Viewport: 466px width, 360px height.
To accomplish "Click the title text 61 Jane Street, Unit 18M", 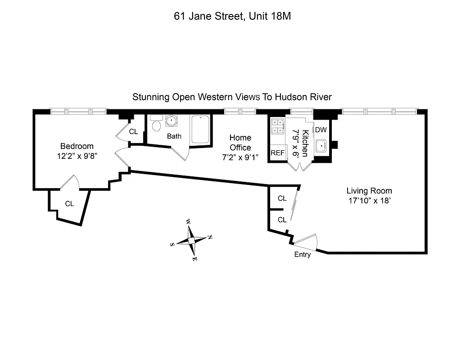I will pyautogui.click(x=233, y=17).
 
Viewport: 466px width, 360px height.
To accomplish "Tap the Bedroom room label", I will pyautogui.click(x=77, y=146).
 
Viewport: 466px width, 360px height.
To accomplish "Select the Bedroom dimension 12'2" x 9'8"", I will pyautogui.click(x=77, y=156).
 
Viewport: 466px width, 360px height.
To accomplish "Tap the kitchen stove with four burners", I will pyautogui.click(x=277, y=126).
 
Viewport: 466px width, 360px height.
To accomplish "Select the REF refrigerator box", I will pyautogui.click(x=277, y=153).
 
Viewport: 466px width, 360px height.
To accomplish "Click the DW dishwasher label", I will pyautogui.click(x=321, y=130).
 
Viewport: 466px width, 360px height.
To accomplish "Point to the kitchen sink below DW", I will pyautogui.click(x=321, y=145).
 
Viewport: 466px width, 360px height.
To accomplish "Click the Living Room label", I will pyautogui.click(x=369, y=190).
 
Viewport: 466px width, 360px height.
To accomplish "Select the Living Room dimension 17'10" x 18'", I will pyautogui.click(x=369, y=201).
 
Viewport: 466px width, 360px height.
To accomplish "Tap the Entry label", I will pyautogui.click(x=302, y=255).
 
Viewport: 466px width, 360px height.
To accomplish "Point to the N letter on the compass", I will pyautogui.click(x=209, y=237).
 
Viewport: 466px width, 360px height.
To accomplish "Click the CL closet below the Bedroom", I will pyautogui.click(x=69, y=204).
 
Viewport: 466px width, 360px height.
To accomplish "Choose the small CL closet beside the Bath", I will pyautogui.click(x=133, y=132).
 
